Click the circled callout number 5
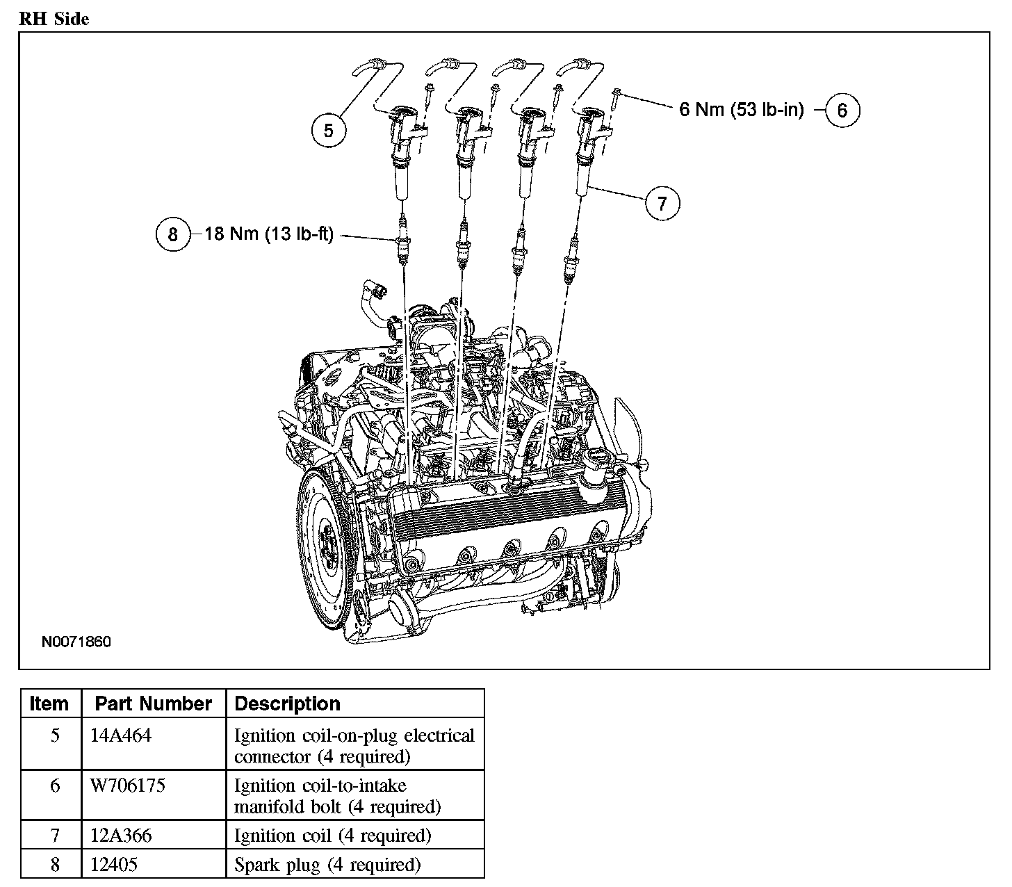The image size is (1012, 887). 328,130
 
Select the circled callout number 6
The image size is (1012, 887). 842,111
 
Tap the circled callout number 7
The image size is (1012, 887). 662,203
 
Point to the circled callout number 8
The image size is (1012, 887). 172,234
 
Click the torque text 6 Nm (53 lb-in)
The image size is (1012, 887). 741,110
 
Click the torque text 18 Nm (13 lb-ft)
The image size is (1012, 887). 269,234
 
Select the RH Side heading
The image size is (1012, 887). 54,19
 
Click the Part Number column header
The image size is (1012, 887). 153,703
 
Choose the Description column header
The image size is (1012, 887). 287,703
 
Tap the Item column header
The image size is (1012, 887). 49,703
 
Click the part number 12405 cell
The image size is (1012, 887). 114,864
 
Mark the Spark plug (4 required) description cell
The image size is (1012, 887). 327,864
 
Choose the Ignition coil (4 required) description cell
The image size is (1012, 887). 332,835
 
